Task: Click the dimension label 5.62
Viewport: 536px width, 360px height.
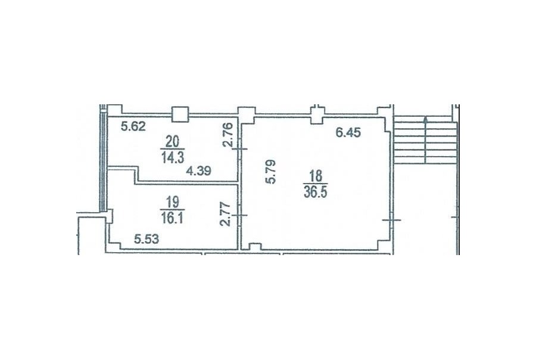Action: [133, 126]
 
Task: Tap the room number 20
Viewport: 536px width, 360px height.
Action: [173, 141]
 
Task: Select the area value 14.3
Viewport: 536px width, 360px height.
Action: [173, 157]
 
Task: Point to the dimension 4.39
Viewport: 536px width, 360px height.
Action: [198, 170]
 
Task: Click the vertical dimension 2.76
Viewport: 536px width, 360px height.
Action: [228, 135]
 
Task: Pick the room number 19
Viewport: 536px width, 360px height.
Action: [172, 202]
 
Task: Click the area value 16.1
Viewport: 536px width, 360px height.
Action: [172, 218]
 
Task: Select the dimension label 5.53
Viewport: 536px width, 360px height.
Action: [147, 239]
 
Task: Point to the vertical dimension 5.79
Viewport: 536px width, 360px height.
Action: [271, 172]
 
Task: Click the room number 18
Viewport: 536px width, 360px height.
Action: [316, 176]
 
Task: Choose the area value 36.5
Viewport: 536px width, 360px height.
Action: [315, 193]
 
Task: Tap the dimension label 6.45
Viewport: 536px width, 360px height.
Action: [348, 132]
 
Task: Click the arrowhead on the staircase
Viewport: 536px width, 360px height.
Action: [426, 120]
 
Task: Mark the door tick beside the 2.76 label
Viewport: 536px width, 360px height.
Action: [240, 149]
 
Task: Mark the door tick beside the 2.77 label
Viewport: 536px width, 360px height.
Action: [240, 215]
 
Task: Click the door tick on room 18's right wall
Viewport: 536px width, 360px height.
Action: [391, 220]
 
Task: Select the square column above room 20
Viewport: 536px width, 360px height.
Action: [180, 114]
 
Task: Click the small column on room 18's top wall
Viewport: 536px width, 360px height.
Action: [317, 115]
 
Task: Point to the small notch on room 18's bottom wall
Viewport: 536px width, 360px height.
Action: [255, 247]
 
